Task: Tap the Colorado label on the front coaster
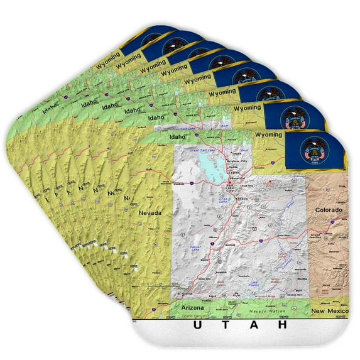[329, 209]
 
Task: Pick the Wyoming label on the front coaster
[269, 134]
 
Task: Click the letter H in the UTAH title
[283, 325]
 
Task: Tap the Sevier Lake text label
[195, 249]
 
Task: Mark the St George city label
[184, 293]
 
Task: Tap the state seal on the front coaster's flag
[310, 150]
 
